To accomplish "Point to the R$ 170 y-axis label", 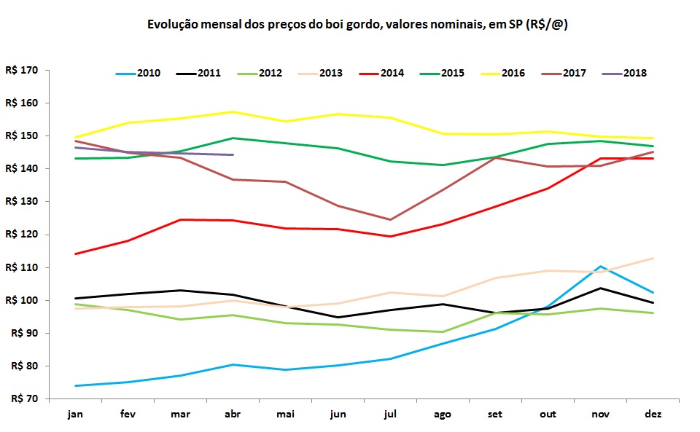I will (x=21, y=71).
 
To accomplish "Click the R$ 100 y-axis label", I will (x=21, y=300).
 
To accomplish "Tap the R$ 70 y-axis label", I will (x=23, y=398).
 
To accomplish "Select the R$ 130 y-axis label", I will (x=21, y=202).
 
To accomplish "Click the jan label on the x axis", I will (x=75, y=414).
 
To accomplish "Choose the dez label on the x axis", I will (x=652, y=414).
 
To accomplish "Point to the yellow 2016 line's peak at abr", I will (x=233, y=111).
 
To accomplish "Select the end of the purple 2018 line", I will (x=233, y=154).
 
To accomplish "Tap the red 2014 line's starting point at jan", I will (x=75, y=254).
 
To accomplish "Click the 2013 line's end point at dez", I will (x=652, y=258).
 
